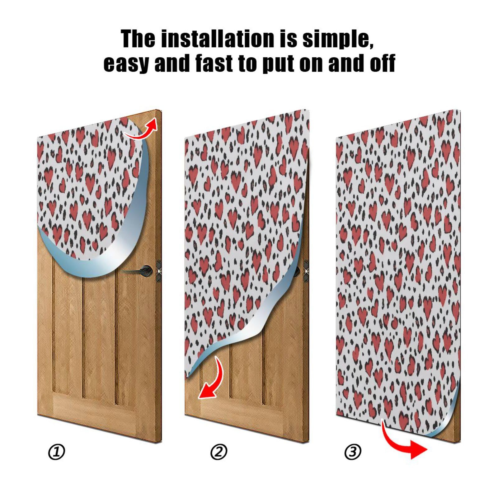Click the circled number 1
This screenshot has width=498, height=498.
[x=57, y=452]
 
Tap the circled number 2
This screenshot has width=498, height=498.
[x=219, y=452]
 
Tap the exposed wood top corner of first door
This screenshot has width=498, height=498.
[x=153, y=117]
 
